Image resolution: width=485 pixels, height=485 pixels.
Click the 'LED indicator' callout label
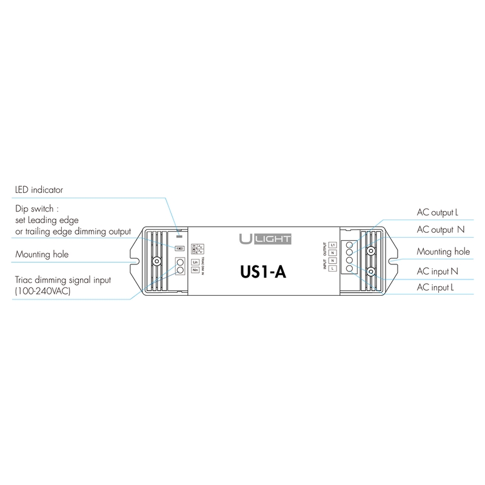click(x=39, y=190)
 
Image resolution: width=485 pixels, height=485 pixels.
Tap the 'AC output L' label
click(x=437, y=213)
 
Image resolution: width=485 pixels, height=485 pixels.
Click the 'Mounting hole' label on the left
click(x=41, y=255)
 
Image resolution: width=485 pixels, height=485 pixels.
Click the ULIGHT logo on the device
click(x=257, y=238)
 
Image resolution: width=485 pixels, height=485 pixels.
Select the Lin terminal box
click(x=195, y=262)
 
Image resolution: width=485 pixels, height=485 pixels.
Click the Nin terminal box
click(x=195, y=270)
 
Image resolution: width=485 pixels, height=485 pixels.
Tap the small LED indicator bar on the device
click(x=179, y=232)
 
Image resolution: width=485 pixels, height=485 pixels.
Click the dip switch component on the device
click(x=179, y=248)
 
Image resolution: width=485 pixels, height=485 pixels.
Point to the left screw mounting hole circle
click(x=156, y=262)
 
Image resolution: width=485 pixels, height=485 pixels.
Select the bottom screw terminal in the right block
click(x=349, y=268)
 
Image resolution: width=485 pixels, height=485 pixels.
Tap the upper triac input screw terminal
click(x=180, y=262)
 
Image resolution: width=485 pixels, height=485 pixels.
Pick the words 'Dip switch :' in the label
click(x=36, y=208)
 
